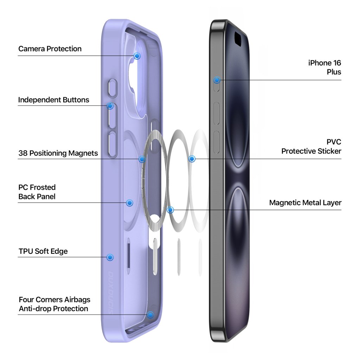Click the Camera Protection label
[x=50, y=49]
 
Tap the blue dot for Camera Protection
[x=137, y=56]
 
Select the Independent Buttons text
[x=53, y=100]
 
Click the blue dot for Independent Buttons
[x=110, y=106]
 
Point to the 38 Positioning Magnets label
[x=58, y=153]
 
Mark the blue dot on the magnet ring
[x=142, y=159]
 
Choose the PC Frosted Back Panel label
[x=37, y=192]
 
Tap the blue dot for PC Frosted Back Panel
[x=129, y=202]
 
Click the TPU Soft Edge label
[x=43, y=251]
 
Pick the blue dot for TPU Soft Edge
[x=110, y=257]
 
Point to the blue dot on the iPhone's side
[x=217, y=80]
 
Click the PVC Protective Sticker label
[x=311, y=147]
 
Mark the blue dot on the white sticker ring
[x=192, y=159]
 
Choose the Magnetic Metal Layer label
[x=305, y=203]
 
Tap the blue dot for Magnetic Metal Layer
[x=171, y=210]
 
